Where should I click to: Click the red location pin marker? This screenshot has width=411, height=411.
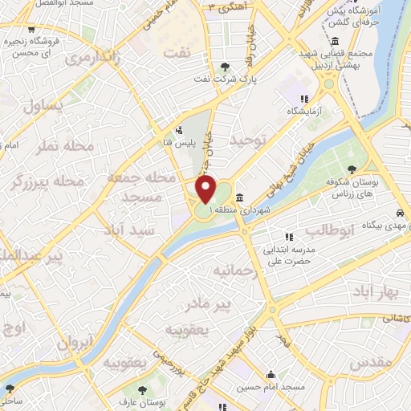coord(206,190)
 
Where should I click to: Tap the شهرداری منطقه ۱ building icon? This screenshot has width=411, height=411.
coord(239,197)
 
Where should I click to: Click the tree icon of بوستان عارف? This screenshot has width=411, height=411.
coord(143,389)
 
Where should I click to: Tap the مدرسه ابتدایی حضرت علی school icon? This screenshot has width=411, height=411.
coord(290,237)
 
